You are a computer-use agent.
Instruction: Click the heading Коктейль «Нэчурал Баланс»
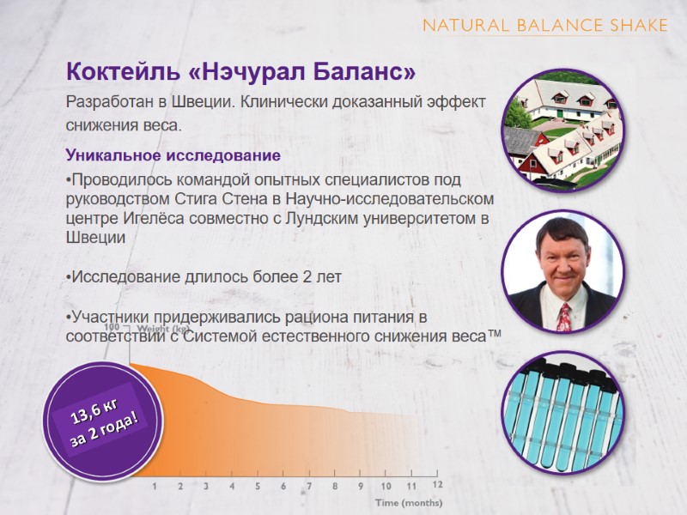(243, 70)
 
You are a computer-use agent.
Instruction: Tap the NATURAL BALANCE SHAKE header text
(544, 25)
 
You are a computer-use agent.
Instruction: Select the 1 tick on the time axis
(155, 486)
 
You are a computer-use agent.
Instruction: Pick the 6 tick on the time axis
(283, 486)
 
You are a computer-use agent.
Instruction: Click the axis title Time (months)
(408, 502)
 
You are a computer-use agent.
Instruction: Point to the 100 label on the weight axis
(112, 328)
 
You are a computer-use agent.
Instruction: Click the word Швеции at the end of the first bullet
(96, 239)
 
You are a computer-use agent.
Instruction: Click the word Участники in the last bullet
(110, 318)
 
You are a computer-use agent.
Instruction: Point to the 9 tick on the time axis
(361, 486)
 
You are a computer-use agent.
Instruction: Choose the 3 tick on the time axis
(206, 486)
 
